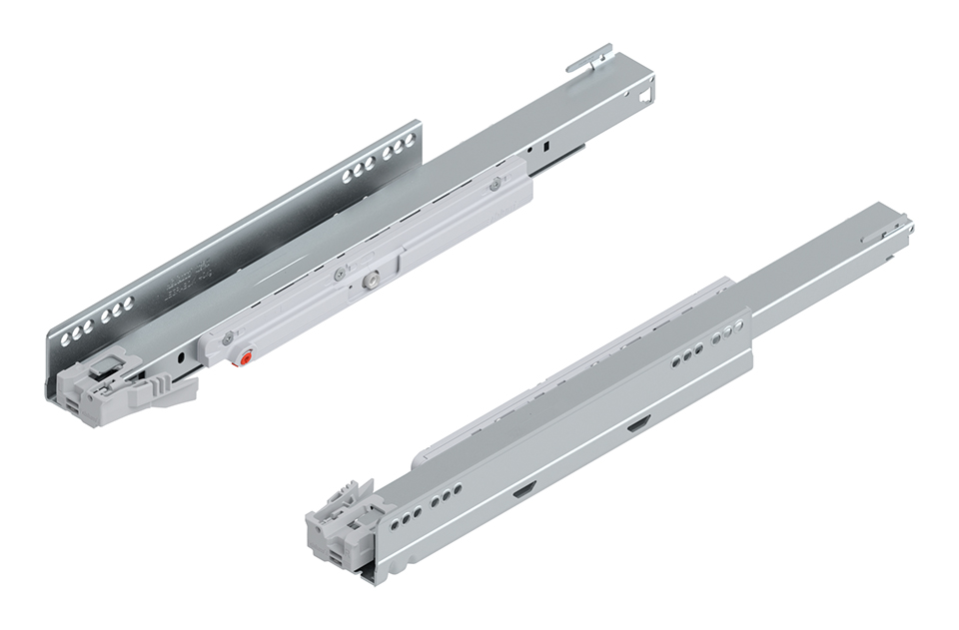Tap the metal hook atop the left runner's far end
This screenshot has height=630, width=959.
click(x=590, y=58)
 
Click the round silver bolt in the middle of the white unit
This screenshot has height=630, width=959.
click(x=371, y=283)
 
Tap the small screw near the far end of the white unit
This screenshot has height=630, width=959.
click(x=494, y=183)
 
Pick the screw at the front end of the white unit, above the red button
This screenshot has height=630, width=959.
click(x=230, y=336)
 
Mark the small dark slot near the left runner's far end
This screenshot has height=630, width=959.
click(x=548, y=146)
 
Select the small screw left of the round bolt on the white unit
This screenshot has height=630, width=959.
click(x=340, y=276)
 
